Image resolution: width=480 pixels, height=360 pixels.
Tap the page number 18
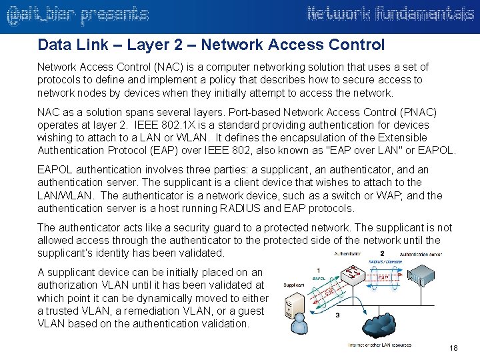454,349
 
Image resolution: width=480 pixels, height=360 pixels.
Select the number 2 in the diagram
382,253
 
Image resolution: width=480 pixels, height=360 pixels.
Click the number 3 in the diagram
337,315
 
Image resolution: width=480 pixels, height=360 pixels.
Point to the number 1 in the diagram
319,270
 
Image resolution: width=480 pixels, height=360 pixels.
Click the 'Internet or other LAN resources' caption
379,345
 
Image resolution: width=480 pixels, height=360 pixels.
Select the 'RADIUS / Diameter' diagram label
385,262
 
